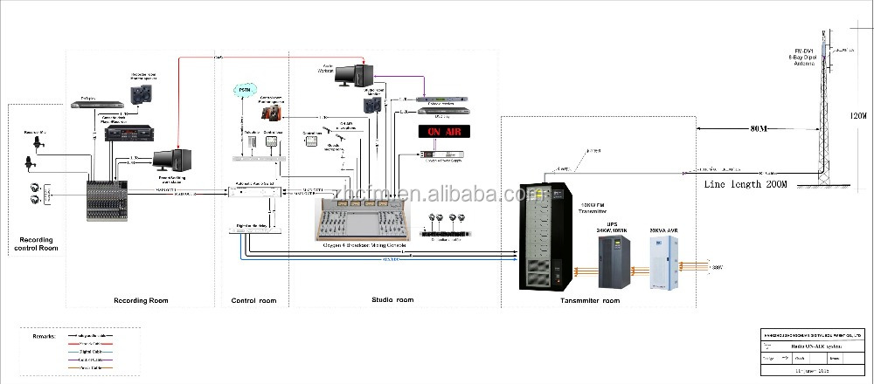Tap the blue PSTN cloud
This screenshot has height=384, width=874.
coord(244,91)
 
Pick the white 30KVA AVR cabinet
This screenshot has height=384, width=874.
coord(658,257)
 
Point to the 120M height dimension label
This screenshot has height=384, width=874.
coord(858,116)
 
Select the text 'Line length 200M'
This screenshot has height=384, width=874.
coord(746,184)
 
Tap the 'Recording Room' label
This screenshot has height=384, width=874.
coord(141,300)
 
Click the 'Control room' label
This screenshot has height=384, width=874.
coord(253,301)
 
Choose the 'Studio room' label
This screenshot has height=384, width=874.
coord(385,300)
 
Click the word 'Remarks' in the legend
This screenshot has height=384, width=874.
coord(41,335)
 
